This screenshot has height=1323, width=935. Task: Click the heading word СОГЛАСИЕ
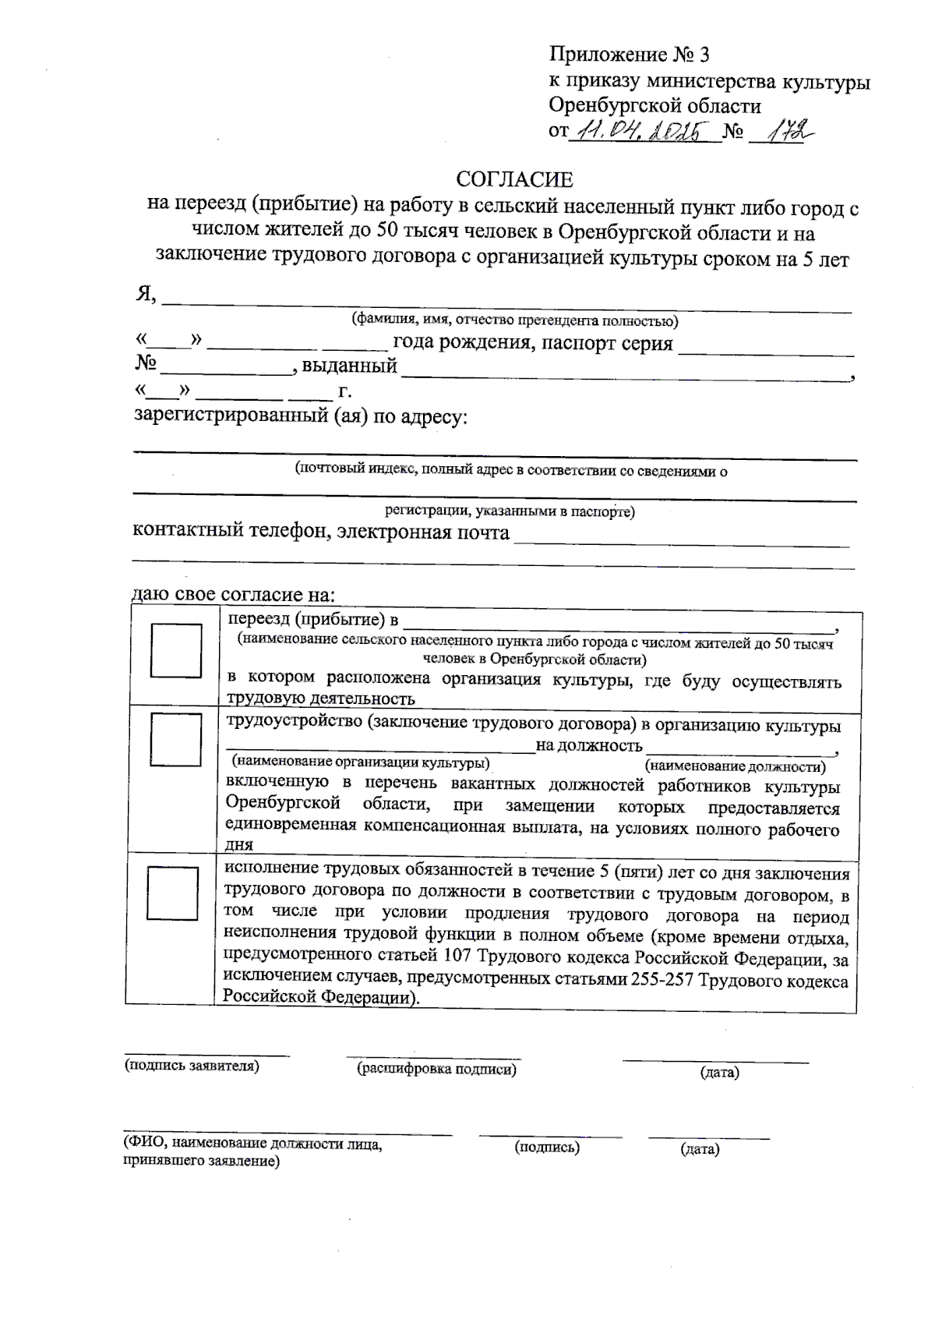pos(514,180)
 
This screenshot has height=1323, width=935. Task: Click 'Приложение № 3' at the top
pos(629,55)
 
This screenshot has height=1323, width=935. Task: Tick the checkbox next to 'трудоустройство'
pos(176,738)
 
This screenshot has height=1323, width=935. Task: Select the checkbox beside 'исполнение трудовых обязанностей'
pos(172,893)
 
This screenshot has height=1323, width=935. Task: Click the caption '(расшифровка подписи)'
pos(436,1070)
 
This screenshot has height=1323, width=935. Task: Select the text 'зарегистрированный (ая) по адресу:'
pos(301,416)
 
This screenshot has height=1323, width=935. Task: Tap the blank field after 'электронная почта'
pos(682,536)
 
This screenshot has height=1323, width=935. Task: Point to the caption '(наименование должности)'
pos(736,766)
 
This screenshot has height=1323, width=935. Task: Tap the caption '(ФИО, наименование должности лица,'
pos(253,1145)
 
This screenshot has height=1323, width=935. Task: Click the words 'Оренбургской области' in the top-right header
pos(654,106)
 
